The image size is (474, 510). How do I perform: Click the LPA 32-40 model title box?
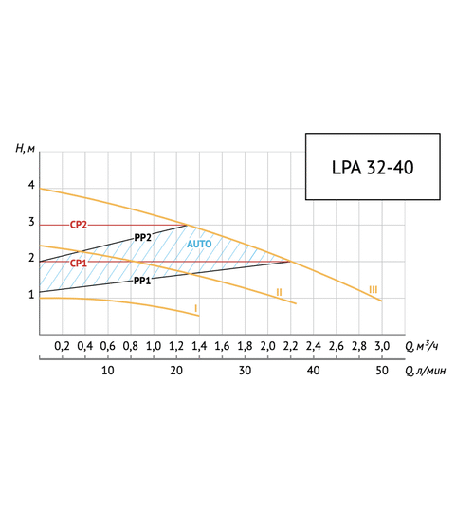pyautogui.click(x=373, y=166)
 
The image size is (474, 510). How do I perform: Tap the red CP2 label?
pyautogui.click(x=79, y=225)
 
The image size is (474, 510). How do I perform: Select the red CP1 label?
pyautogui.click(x=79, y=263)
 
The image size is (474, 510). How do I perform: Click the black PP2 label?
pyautogui.click(x=143, y=237)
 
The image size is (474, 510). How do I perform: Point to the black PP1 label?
pyautogui.click(x=141, y=281)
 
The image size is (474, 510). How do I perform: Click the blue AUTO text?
pyautogui.click(x=199, y=244)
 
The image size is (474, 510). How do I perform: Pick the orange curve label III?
pyautogui.click(x=374, y=289)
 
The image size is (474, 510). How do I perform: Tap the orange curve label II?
pyautogui.click(x=279, y=291)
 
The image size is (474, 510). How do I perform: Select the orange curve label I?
pyautogui.click(x=195, y=308)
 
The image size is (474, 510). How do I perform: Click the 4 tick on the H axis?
pyautogui.click(x=30, y=186)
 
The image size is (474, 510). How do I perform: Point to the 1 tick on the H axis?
pyautogui.click(x=30, y=295)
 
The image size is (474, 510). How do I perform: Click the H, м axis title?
pyautogui.click(x=26, y=148)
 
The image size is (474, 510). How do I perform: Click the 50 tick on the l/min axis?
pyautogui.click(x=382, y=371)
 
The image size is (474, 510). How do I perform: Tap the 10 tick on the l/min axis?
pyautogui.click(x=107, y=371)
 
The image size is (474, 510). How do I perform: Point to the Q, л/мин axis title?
pyautogui.click(x=424, y=371)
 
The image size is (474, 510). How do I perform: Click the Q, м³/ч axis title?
pyautogui.click(x=422, y=346)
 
